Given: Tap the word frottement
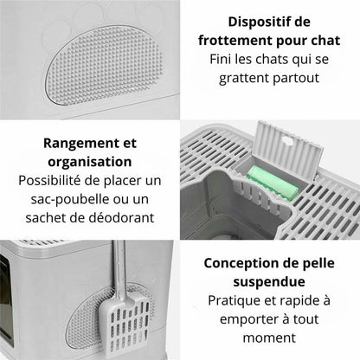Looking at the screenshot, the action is coord(235,41).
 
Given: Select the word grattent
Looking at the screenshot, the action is coord(243,79).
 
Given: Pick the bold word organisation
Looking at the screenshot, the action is coord(90,162).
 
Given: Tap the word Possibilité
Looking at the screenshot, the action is coord(49,181).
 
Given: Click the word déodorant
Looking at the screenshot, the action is coord(121,218).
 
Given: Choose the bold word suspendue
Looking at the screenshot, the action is coord(269,282).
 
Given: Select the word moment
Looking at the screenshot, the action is coord(269,337).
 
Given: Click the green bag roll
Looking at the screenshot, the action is coord(273,183).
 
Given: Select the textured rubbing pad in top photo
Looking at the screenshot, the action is coord(103,66).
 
